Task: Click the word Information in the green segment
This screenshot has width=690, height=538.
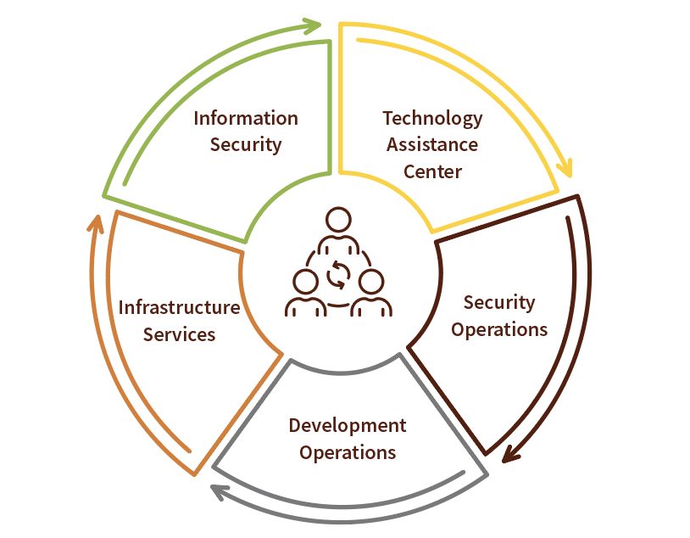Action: (246, 119)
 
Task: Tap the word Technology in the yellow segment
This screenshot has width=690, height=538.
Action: (432, 119)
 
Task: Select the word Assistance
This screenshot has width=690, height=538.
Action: (432, 145)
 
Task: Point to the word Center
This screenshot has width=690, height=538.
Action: (432, 172)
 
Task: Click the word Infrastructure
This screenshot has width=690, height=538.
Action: (180, 307)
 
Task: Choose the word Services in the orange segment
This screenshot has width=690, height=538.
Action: (179, 335)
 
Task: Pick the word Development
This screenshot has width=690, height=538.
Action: (348, 427)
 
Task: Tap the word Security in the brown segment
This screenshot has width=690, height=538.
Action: (499, 303)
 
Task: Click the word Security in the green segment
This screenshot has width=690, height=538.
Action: (246, 145)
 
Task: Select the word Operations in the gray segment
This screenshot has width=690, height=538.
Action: (348, 453)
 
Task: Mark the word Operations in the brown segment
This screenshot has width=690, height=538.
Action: (499, 330)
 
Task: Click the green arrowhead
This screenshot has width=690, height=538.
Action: (313, 25)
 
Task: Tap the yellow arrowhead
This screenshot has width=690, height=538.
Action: (565, 169)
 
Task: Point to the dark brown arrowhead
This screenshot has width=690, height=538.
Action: (510, 454)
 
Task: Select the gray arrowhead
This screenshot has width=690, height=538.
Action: (219, 491)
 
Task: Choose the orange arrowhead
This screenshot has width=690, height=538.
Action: (96, 224)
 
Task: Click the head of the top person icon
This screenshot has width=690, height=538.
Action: (338, 220)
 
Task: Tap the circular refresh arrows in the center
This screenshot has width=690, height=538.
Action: (338, 275)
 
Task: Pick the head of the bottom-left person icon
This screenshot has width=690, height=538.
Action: (305, 282)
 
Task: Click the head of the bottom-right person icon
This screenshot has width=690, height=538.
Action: (371, 282)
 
